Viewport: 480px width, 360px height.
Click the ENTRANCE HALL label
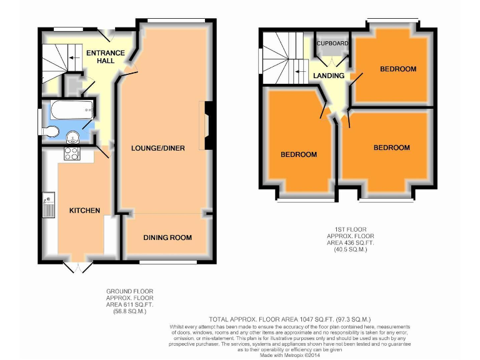click(106, 57)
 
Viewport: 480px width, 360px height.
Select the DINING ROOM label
click(167, 237)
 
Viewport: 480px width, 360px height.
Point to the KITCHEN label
click(84, 211)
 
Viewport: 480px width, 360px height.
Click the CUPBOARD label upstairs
click(332, 44)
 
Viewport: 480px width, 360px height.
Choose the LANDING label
click(329, 76)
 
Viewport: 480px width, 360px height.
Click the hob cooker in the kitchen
click(71, 154)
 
